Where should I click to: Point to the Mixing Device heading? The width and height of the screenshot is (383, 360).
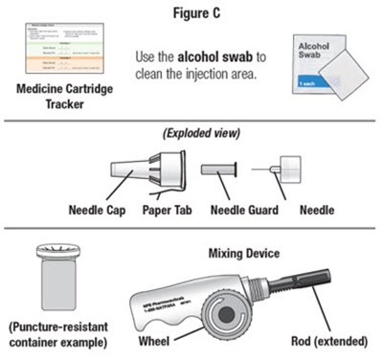241,254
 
